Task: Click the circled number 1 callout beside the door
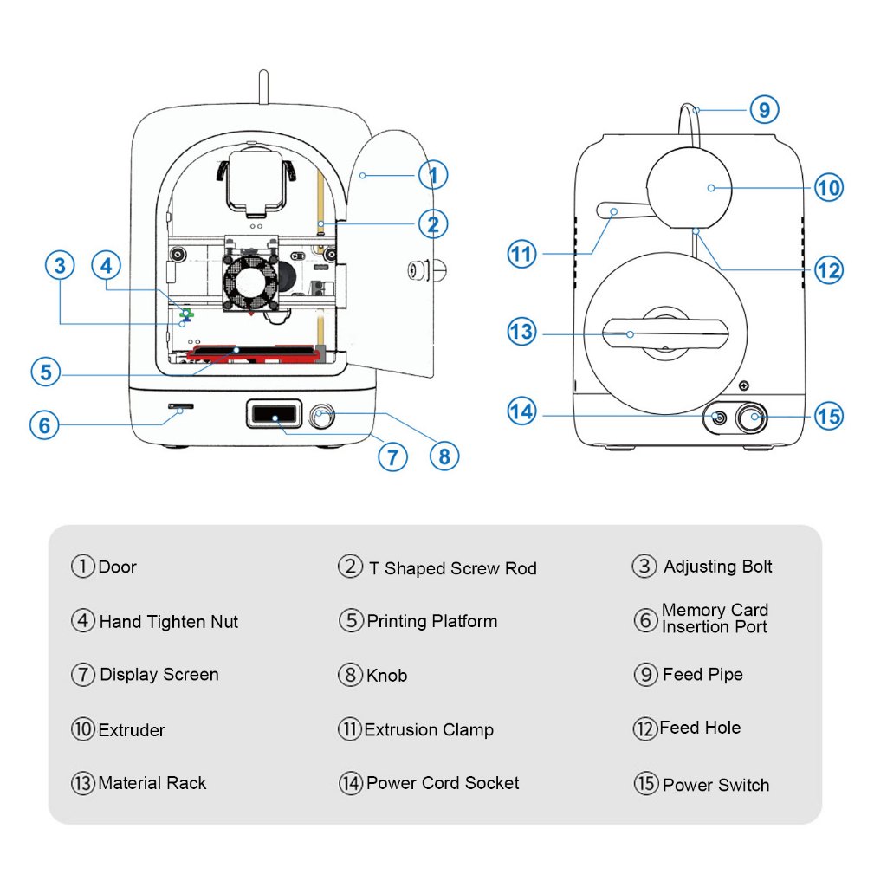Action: click(432, 176)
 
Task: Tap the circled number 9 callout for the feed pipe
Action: click(763, 110)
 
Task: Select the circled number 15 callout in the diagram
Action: click(828, 417)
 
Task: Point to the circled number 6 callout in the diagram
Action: click(45, 426)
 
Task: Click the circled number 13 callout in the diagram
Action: click(522, 333)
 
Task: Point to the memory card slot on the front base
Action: click(181, 406)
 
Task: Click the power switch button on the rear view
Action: click(753, 418)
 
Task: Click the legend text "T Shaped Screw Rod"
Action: click(452, 568)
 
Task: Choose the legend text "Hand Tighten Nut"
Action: click(168, 621)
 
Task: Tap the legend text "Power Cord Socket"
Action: click(443, 783)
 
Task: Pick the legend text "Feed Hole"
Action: click(700, 728)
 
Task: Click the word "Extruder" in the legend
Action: click(132, 730)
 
